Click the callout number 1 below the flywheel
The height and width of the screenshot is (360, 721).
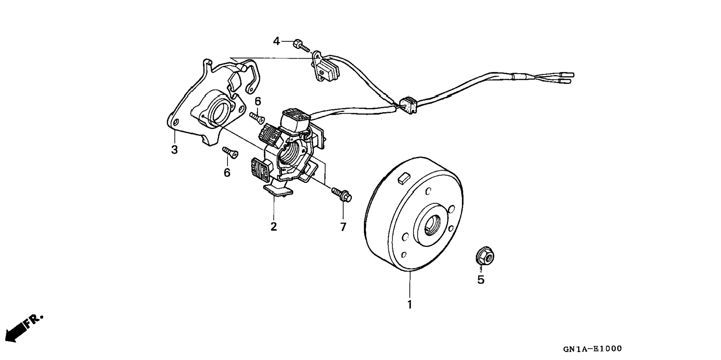coord(409,304)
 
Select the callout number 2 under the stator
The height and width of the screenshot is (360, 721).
coord(274,226)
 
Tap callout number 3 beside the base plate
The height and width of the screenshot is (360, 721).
coord(174,150)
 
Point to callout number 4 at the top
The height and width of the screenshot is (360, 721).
coord(276,41)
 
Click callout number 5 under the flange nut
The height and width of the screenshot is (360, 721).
coord(481,279)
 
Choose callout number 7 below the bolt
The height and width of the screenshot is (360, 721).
coord(343,226)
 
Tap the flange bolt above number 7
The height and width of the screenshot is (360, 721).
coord(341,195)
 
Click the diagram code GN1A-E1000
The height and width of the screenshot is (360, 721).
coord(592,349)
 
